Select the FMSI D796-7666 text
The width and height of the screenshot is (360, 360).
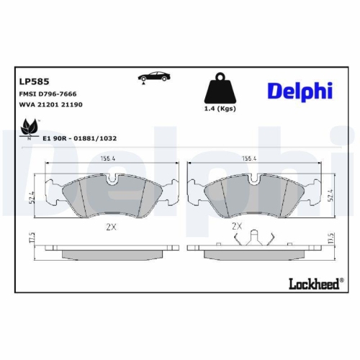pos(48,94)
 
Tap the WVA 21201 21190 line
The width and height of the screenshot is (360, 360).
pos(50,105)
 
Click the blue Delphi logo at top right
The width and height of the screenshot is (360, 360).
pos(300,91)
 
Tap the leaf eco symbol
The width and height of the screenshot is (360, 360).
pos(30,128)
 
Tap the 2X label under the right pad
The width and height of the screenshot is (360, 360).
pos(237,225)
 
